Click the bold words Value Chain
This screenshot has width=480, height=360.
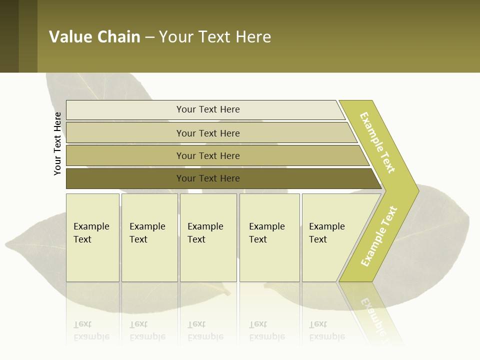point(94,36)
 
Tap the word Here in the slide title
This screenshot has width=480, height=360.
point(253,36)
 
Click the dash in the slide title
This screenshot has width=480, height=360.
point(149,37)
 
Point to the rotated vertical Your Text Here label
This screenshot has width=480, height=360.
point(57,143)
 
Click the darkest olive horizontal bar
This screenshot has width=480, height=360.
point(208,178)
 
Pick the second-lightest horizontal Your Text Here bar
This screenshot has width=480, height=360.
point(208,133)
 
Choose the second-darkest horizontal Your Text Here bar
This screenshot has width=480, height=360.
point(208,155)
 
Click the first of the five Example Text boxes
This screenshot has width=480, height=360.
point(92,237)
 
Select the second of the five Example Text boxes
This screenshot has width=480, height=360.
point(149,237)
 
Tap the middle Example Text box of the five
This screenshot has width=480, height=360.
point(208,237)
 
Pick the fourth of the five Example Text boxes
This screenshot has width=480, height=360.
point(269,237)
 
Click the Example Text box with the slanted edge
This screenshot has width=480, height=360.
point(327,237)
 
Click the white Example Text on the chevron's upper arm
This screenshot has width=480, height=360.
point(377,142)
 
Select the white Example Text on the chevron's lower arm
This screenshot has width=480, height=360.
point(379,236)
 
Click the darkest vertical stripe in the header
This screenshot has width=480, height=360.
point(9,36)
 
